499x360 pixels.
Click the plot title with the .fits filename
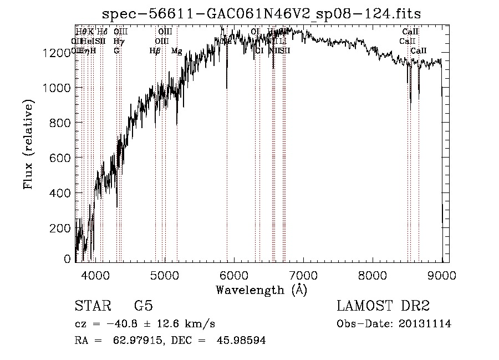pyautogui.click(x=262, y=13)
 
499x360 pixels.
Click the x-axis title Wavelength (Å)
pyautogui.click(x=261, y=290)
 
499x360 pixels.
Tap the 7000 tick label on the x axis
pyautogui.click(x=303, y=275)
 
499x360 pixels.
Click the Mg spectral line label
pyautogui.click(x=176, y=51)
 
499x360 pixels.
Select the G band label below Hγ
pyautogui.click(x=116, y=51)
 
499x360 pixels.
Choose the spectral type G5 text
pyautogui.click(x=143, y=306)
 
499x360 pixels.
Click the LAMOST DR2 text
pyautogui.click(x=383, y=306)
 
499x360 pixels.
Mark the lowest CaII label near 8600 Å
pyautogui.click(x=419, y=51)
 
